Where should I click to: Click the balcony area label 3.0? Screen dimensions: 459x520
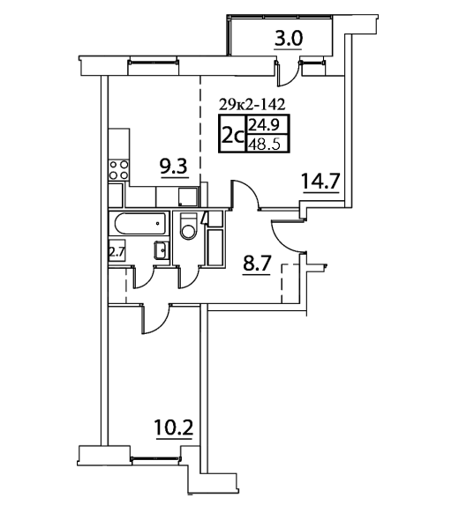pos(288,39)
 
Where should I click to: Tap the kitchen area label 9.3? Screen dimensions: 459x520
pos(174,167)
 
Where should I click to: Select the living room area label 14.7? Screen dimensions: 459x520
pos(320,181)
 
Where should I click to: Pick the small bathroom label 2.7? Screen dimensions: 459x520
pos(117,252)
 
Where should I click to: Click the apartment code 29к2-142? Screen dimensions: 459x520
pos(252,105)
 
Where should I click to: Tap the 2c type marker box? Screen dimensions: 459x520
pos(232,134)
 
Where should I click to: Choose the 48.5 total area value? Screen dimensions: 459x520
pos(265,145)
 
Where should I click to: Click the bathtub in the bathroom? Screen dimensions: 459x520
pos(140,224)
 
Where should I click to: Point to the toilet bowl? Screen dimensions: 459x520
pos(188,227)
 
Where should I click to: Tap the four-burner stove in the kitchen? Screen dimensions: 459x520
pos(119,169)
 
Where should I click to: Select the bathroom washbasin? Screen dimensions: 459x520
pos(162,250)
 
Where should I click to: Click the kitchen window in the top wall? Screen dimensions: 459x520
pos(153,62)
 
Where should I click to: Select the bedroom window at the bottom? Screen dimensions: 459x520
pos(156,458)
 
